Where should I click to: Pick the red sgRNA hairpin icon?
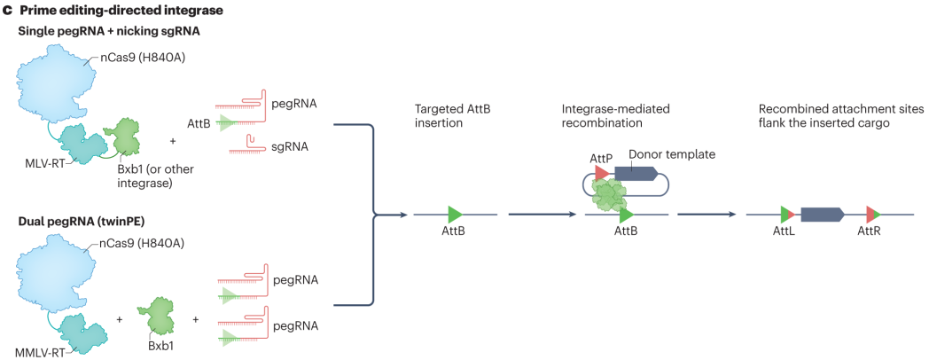click(x=255, y=142)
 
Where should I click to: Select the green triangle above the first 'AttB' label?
click(x=455, y=214)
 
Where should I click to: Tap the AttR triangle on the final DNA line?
click(x=872, y=214)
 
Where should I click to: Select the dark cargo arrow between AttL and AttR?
click(x=822, y=214)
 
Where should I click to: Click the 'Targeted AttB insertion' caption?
click(x=453, y=115)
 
